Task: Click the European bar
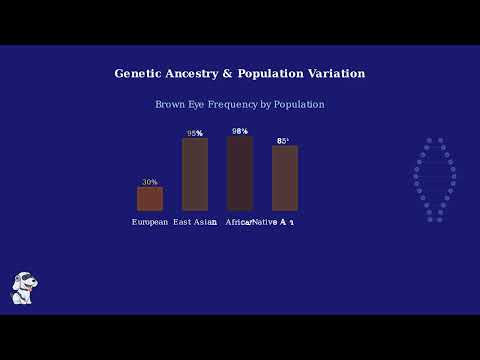click(150, 198)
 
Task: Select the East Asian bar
click(195, 174)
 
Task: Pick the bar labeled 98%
click(240, 173)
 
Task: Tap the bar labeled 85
click(285, 178)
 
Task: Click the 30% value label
click(150, 182)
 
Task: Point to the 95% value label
click(195, 133)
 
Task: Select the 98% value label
click(240, 131)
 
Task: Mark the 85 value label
click(283, 141)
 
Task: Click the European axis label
click(150, 222)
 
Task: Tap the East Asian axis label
click(195, 222)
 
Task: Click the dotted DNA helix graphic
click(434, 180)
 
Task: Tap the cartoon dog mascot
click(24, 288)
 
